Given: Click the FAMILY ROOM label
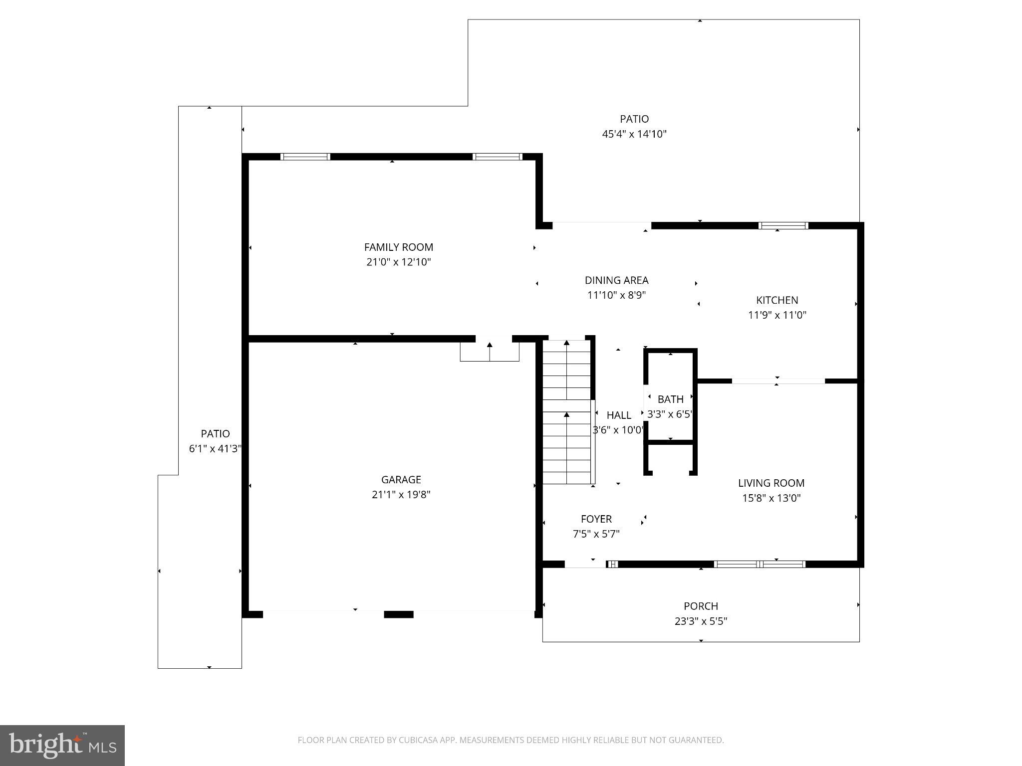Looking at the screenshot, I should [x=398, y=247].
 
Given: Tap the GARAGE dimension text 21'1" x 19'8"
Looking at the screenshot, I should [x=401, y=494].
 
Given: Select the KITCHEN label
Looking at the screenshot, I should [x=777, y=300].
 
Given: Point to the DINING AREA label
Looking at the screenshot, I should [x=616, y=280].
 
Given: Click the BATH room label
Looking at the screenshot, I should [x=670, y=399].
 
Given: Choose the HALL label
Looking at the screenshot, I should [x=618, y=415].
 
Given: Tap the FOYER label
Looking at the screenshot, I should [x=596, y=519].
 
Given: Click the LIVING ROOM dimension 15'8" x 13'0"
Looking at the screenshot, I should [x=771, y=498].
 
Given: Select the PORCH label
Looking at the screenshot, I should [x=701, y=606].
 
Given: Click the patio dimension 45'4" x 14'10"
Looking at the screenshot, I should [x=634, y=134].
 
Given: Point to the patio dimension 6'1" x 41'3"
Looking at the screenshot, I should [x=215, y=448].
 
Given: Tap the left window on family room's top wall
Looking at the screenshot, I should [x=305, y=157].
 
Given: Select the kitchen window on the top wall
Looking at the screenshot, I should [x=783, y=225].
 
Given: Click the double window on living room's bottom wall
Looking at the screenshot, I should [x=759, y=564].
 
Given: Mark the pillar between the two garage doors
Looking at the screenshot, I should [x=398, y=614].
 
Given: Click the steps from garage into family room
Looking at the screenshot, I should [x=490, y=352].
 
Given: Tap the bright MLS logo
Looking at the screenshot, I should [x=62, y=745].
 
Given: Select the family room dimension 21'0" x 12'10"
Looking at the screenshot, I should [x=398, y=262].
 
